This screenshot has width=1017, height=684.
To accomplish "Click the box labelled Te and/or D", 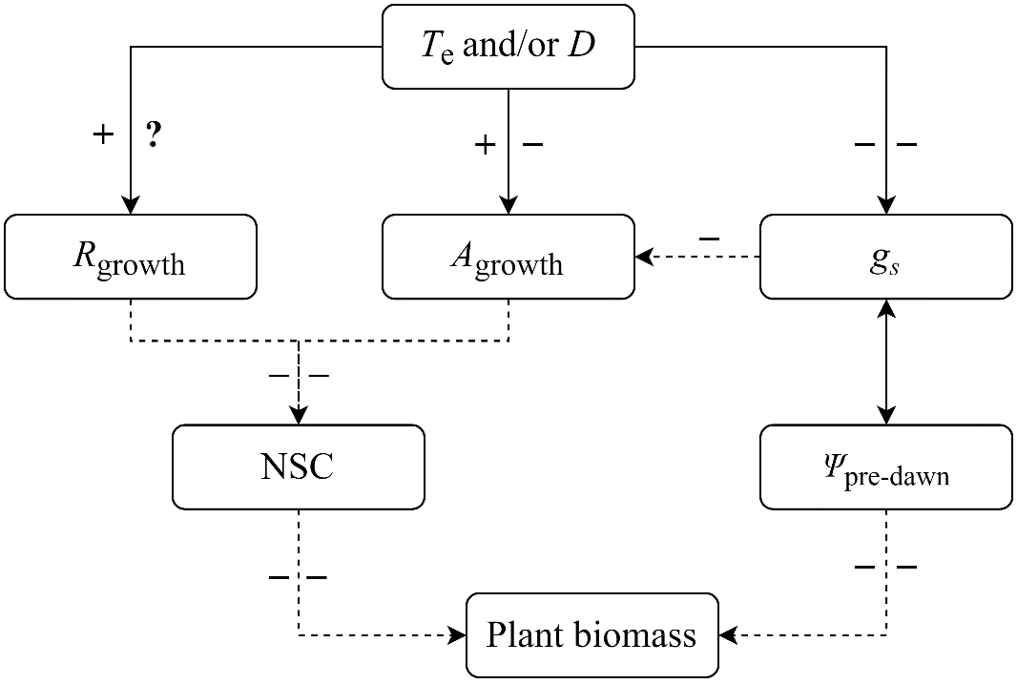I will (x=508, y=45).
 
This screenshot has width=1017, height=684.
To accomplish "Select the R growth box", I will (x=131, y=257).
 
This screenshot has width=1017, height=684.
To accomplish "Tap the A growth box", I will (x=508, y=257).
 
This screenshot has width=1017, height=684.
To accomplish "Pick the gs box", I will (x=886, y=257).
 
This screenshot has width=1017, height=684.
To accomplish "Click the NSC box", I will (x=299, y=466).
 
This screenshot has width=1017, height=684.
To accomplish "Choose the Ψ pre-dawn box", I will (x=886, y=466).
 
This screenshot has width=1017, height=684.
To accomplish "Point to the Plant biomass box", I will (x=592, y=634).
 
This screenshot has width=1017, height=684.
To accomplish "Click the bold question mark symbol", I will (x=153, y=135).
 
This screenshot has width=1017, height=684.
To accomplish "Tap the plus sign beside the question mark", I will (x=102, y=135).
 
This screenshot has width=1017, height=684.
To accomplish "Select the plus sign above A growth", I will (x=485, y=144).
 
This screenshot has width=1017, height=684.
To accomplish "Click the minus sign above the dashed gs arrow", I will (x=709, y=238).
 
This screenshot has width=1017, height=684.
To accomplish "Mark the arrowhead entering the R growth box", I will (x=131, y=206).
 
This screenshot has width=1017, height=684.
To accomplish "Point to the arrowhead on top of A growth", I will (x=508, y=206).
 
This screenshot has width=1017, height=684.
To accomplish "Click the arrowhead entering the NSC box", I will (x=299, y=416).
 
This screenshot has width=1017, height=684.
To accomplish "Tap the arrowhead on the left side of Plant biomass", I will (x=457, y=634).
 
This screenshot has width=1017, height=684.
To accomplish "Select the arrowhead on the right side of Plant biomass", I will (x=728, y=634).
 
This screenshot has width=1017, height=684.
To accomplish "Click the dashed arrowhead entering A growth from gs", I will (x=644, y=257).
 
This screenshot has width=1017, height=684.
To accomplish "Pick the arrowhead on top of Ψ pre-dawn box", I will (x=886, y=416).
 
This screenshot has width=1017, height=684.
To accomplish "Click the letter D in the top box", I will (x=582, y=45).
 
